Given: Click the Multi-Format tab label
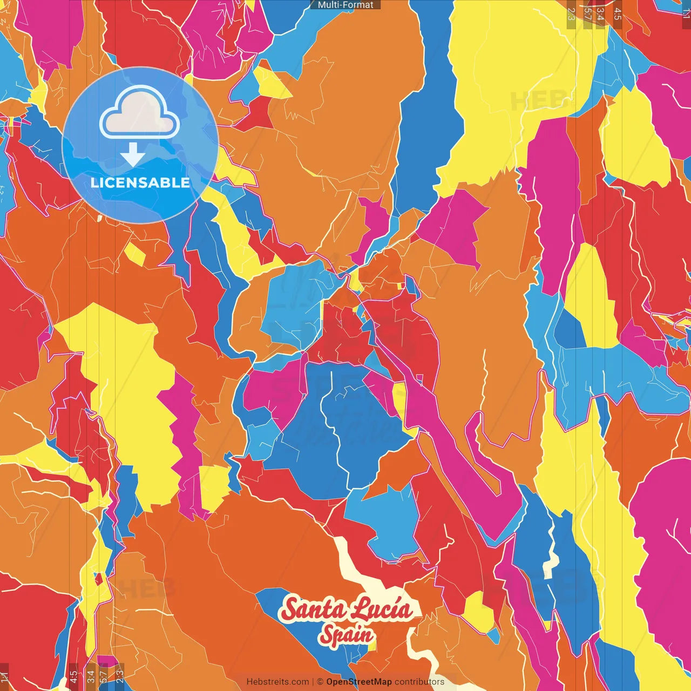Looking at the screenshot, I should pyautogui.click(x=345, y=5).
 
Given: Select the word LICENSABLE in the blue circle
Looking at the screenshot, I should pyautogui.click(x=140, y=182).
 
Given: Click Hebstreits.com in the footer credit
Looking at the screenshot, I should pyautogui.click(x=277, y=682).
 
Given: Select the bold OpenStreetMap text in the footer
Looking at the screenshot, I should pyautogui.click(x=359, y=682).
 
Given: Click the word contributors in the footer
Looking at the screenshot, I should pyautogui.click(x=419, y=682).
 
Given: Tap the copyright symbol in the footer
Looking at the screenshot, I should pyautogui.click(x=320, y=682).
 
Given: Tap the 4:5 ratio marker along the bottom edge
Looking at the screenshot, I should pyautogui.click(x=73, y=676).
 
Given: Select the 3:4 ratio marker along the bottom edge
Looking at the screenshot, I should pyautogui.click(x=91, y=676).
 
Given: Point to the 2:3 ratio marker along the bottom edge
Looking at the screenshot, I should pyautogui.click(x=120, y=676).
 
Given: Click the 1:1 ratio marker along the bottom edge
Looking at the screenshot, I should pyautogui.click(x=5, y=676).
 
